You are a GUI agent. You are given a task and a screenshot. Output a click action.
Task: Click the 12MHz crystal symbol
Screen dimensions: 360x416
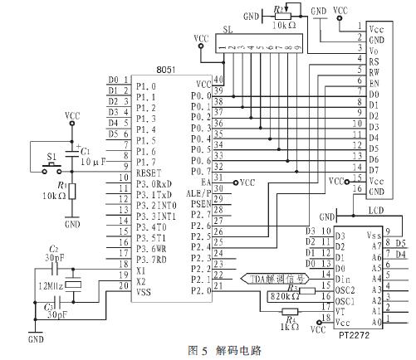(x=76, y=285)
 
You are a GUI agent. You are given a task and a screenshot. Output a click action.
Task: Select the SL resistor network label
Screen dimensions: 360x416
(x=228, y=30)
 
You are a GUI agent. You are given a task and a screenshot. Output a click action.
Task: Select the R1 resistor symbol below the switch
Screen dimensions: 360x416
(x=72, y=191)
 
